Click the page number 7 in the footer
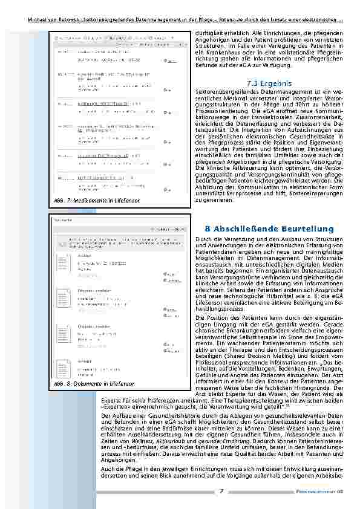(x=221, y=490)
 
